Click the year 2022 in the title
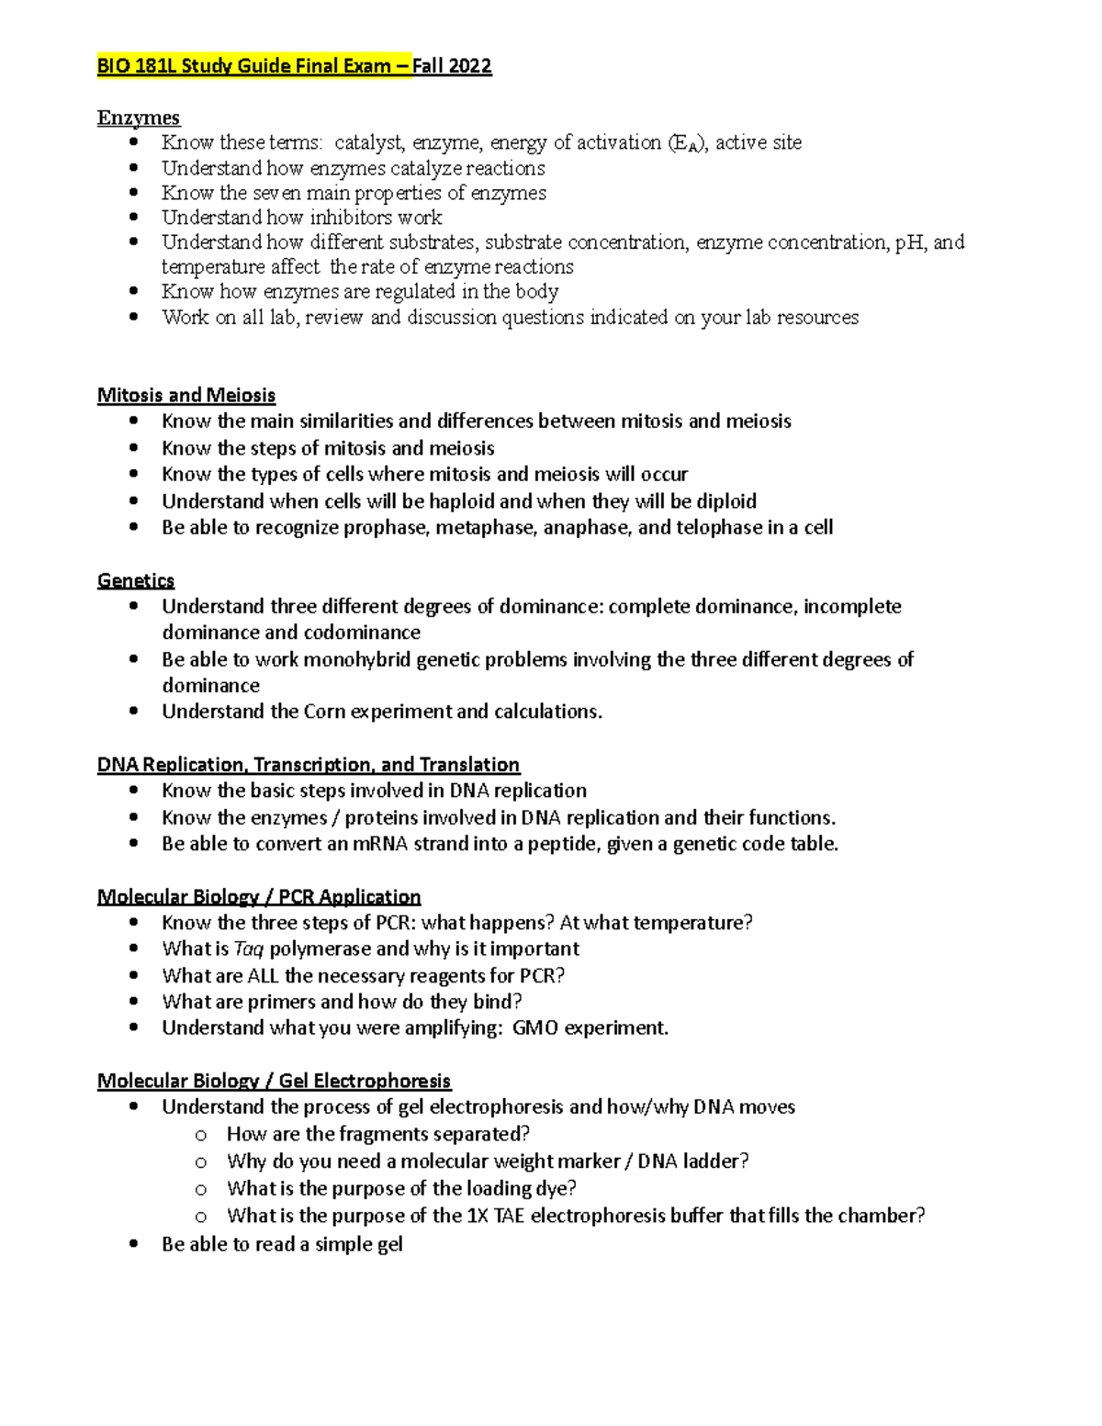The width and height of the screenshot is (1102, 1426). pyautogui.click(x=470, y=66)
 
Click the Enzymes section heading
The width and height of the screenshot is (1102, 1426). pyautogui.click(x=139, y=118)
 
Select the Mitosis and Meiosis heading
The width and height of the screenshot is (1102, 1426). pyautogui.click(x=186, y=395)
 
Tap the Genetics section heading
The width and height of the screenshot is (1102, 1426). pyautogui.click(x=136, y=580)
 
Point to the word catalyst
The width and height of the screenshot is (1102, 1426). pyautogui.click(x=368, y=142)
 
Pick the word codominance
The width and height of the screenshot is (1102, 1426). pyautogui.click(x=362, y=632)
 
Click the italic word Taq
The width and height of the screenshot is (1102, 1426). pyautogui.click(x=249, y=949)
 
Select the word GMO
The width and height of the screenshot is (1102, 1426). pyautogui.click(x=534, y=1027)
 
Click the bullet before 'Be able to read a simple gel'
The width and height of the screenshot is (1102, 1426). pyautogui.click(x=135, y=1244)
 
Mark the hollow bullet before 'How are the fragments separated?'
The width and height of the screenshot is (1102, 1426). pyautogui.click(x=201, y=1135)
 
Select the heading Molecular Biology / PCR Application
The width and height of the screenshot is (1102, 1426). pyautogui.click(x=259, y=896)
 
